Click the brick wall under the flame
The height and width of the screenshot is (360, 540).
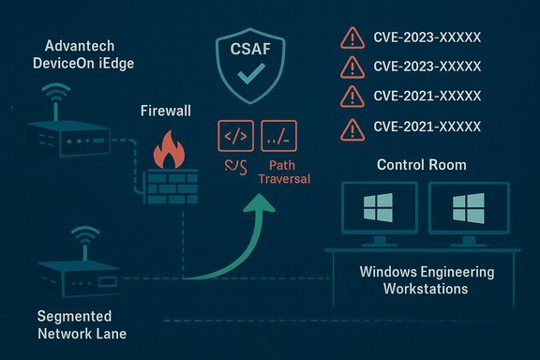coord(170,182)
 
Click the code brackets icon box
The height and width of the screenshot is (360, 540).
coord(234,136)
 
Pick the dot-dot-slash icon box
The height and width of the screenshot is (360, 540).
coord(279,136)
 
